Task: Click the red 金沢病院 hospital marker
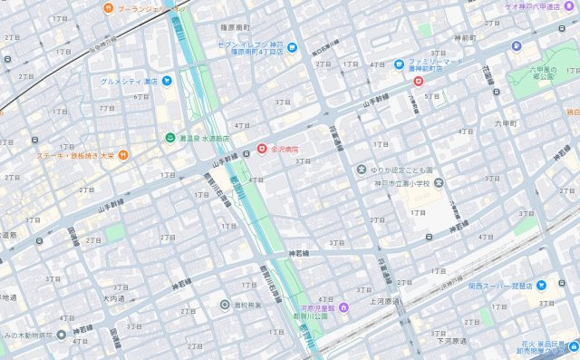[262, 148]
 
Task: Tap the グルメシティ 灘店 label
[130, 81]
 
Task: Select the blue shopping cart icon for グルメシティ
[168, 81]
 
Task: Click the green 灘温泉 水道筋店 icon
[169, 138]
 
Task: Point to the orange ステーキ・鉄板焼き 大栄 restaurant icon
[124, 155]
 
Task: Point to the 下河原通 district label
[453, 341]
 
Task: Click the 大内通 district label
[112, 297]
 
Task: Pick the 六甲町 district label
[504, 122]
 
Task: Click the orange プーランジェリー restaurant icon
[108, 8]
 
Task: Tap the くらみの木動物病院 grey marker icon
[61, 335]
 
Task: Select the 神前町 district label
[461, 38]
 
